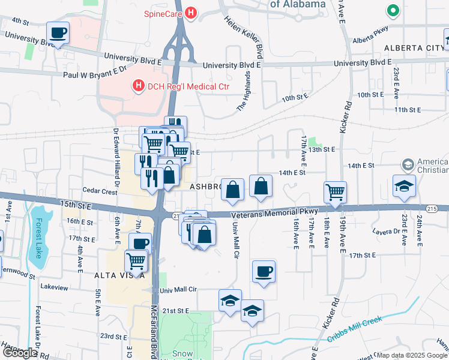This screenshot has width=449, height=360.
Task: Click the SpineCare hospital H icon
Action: (x=191, y=12)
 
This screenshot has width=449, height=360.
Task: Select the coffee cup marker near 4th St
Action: (x=58, y=33)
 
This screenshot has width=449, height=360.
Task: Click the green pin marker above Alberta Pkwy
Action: (x=393, y=11)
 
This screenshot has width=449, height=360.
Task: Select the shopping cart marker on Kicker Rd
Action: (x=336, y=192)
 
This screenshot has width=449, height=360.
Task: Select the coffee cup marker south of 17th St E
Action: (x=264, y=271)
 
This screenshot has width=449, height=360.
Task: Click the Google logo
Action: (x=20, y=353)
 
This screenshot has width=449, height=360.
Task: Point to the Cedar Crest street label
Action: (x=100, y=192)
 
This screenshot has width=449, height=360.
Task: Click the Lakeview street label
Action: (x=54, y=287)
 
